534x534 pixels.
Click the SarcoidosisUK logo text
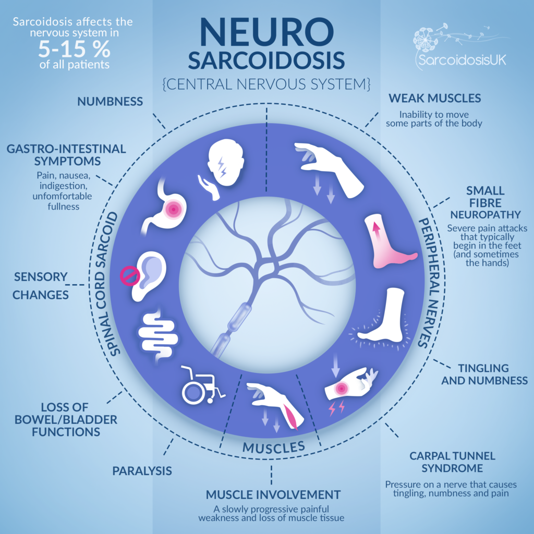tap(462, 60)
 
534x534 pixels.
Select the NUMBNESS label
tap(110, 101)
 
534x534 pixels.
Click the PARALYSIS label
tap(142, 471)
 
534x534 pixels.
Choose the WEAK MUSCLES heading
tap(435, 98)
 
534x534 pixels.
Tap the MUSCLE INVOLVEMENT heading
tap(273, 494)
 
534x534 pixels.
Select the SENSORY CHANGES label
tap(41, 285)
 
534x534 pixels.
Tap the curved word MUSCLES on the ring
tap(273, 447)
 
